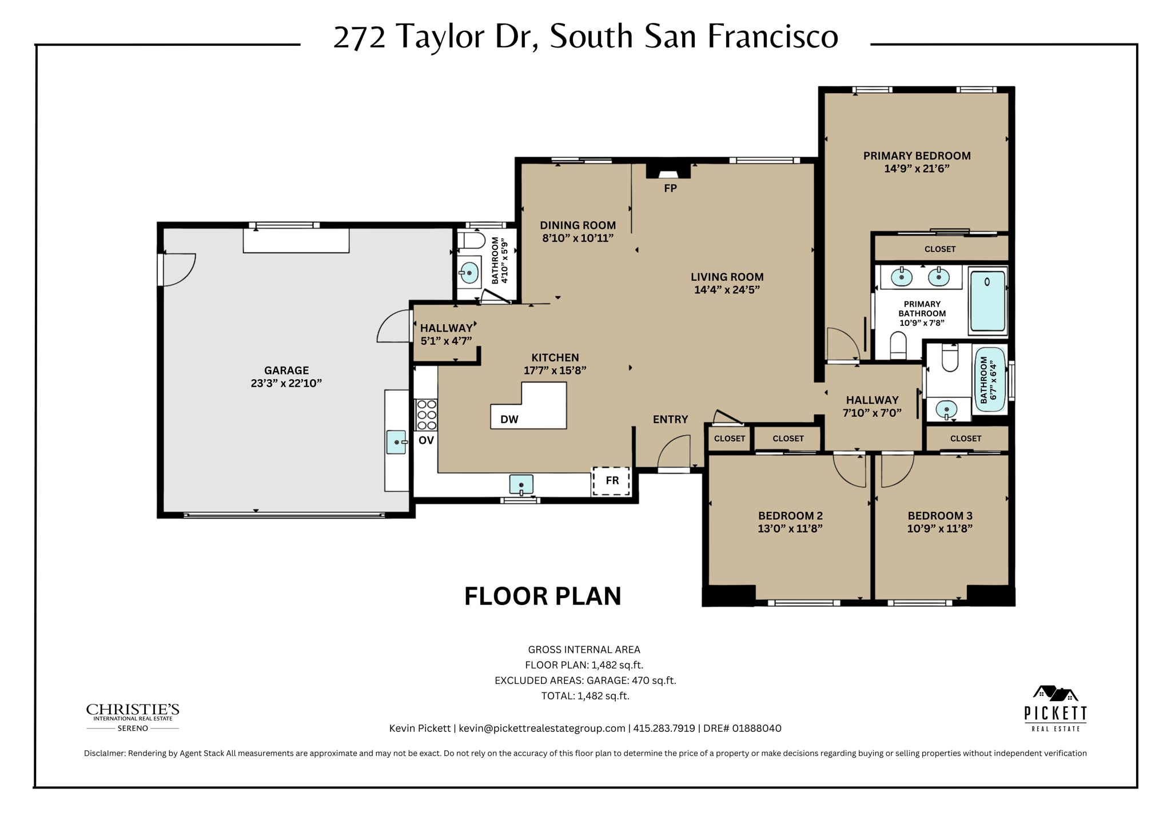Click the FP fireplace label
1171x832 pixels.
click(670, 188)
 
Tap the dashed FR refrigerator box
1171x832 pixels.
click(611, 480)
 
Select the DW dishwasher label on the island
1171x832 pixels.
click(509, 419)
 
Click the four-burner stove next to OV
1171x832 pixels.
click(426, 415)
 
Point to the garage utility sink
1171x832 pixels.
click(396, 442)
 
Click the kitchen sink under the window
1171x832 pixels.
click(521, 484)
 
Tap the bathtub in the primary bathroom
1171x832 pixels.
click(987, 301)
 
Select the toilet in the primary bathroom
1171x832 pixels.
click(898, 346)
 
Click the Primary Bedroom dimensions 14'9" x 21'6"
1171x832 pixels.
click(917, 169)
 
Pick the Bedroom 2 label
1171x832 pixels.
click(790, 515)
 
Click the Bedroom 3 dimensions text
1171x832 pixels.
click(939, 528)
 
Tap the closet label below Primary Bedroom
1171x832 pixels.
click(939, 249)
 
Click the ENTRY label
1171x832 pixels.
click(670, 419)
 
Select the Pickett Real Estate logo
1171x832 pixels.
click(1055, 708)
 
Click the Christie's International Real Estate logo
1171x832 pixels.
click(133, 716)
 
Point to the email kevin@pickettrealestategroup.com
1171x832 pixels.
click(541, 728)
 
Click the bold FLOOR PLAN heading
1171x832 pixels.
click(542, 596)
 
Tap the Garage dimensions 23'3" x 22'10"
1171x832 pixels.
click(286, 383)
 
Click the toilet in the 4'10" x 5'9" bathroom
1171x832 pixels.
click(473, 240)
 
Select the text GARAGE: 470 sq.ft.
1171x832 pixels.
click(633, 680)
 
